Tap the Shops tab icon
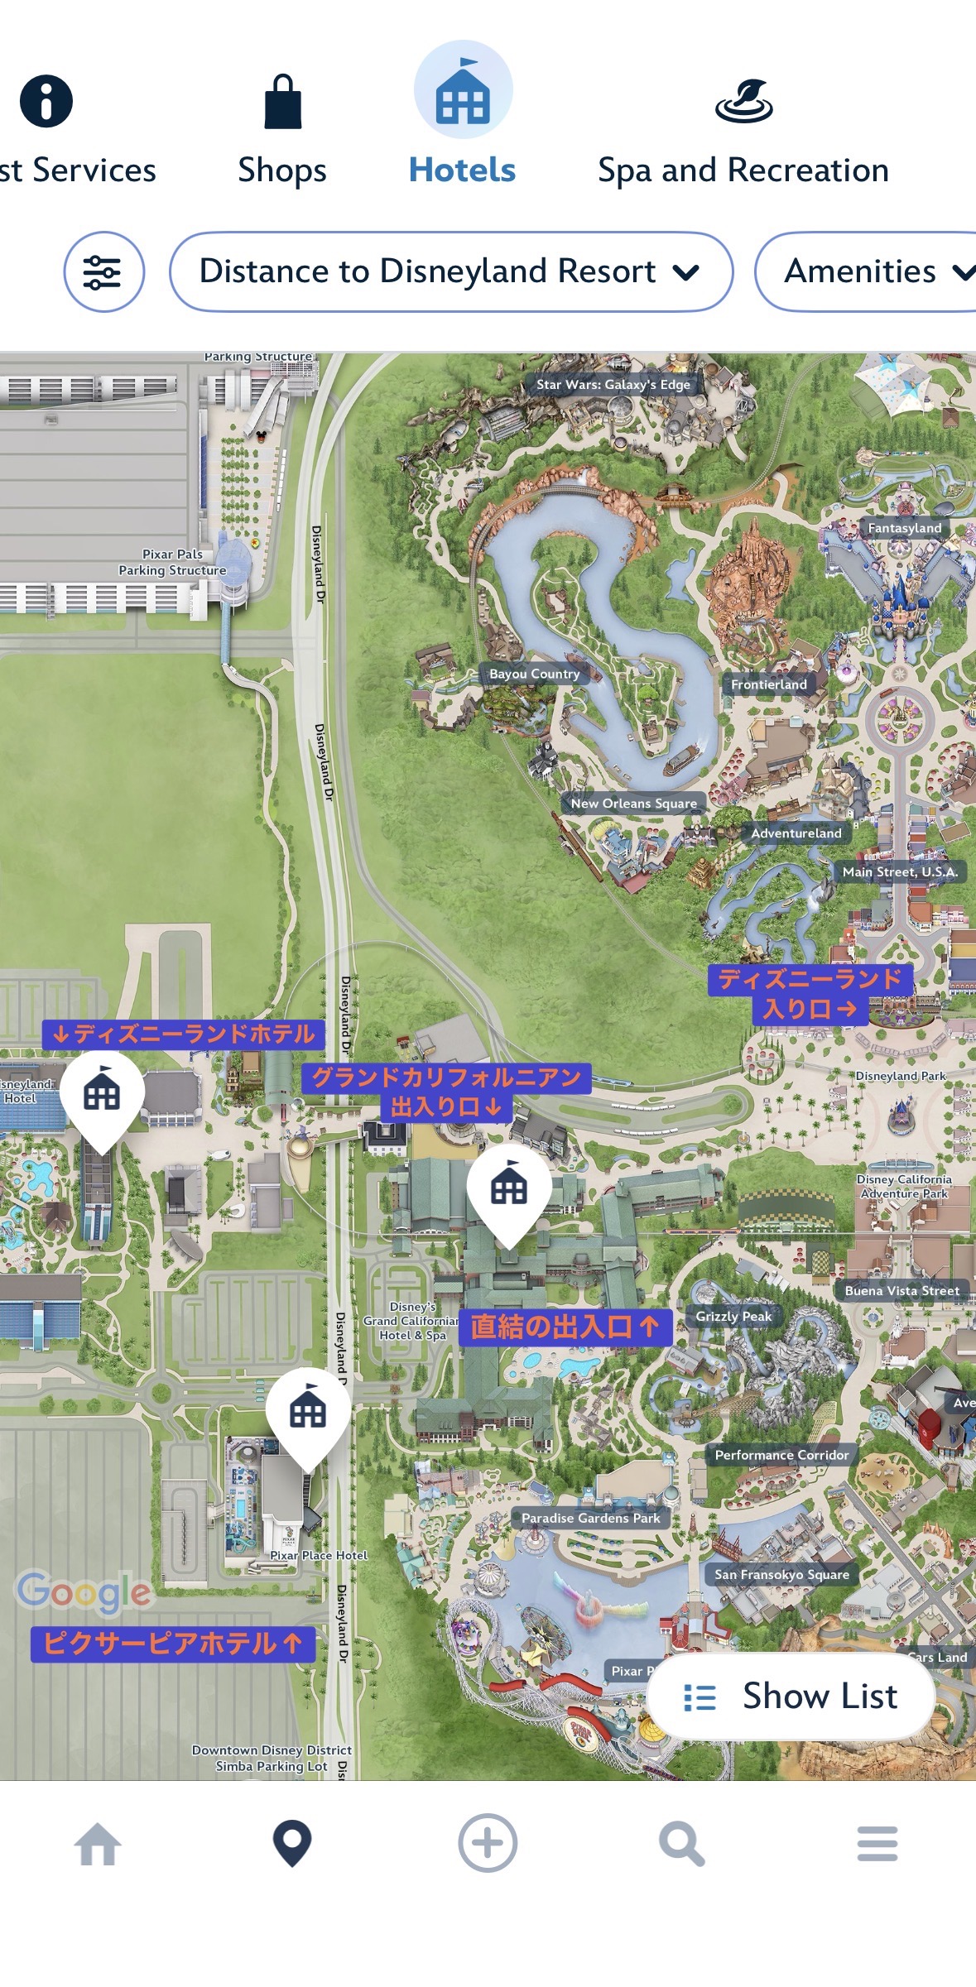(x=282, y=102)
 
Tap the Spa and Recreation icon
(x=743, y=102)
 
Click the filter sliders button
(x=103, y=271)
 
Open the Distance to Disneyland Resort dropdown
(x=450, y=271)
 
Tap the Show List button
(x=791, y=1696)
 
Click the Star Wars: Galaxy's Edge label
(x=613, y=384)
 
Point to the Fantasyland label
(x=904, y=528)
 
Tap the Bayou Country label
(x=534, y=674)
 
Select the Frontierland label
(x=768, y=684)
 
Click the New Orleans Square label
(x=633, y=803)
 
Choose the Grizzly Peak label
(x=733, y=1316)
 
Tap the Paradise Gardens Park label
(x=590, y=1518)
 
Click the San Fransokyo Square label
(x=781, y=1574)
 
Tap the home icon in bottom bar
(x=98, y=1845)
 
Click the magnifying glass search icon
(x=681, y=1845)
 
